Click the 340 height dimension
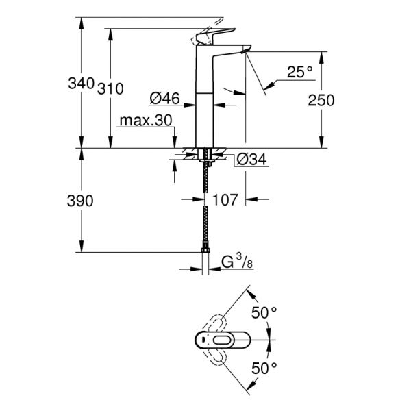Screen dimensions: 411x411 [80, 84]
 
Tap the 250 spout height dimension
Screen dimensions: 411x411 [321, 100]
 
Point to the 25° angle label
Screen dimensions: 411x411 [299, 71]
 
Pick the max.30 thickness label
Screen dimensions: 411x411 [145, 121]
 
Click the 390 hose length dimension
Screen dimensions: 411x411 [80, 201]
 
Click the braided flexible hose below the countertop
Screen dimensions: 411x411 [205, 206]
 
